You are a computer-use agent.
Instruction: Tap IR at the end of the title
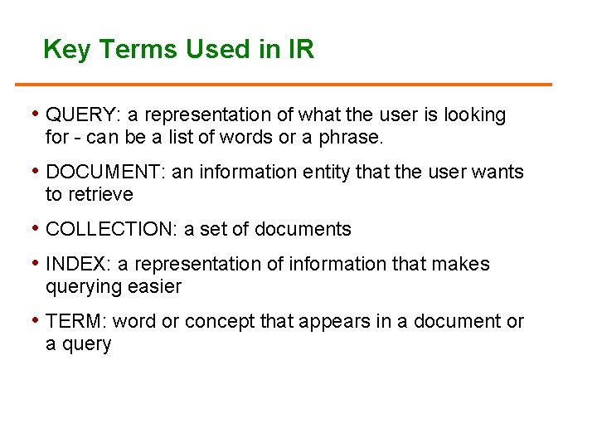[301, 50]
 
